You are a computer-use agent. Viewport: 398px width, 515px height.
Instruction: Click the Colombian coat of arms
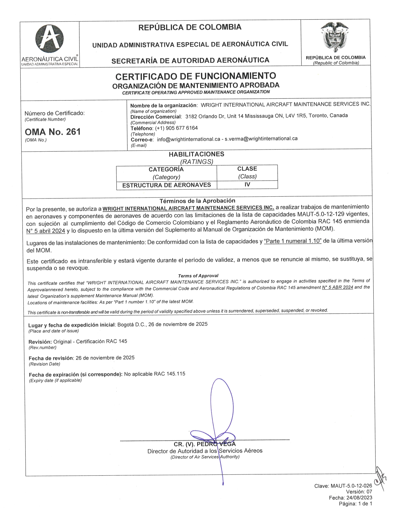click(x=335, y=37)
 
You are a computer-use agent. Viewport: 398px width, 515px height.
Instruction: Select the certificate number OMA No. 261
click(x=52, y=132)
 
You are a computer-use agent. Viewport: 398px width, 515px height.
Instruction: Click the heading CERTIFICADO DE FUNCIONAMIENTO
click(x=196, y=76)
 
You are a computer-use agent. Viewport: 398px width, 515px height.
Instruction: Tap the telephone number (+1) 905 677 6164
click(x=176, y=128)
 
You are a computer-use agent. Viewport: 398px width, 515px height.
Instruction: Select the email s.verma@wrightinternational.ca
click(x=261, y=139)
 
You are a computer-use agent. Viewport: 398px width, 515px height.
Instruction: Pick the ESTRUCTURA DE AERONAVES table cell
click(x=166, y=185)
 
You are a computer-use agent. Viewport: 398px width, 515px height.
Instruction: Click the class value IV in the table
click(x=247, y=184)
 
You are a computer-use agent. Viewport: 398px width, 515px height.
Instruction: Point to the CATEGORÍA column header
click(x=166, y=169)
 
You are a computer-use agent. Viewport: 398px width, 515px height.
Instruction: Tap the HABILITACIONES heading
click(x=196, y=154)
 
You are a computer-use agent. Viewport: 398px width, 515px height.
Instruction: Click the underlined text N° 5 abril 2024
click(x=46, y=231)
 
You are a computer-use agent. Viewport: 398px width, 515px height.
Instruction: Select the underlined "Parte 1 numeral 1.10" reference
click(x=292, y=242)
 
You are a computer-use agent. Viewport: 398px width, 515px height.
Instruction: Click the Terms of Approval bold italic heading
click(x=198, y=276)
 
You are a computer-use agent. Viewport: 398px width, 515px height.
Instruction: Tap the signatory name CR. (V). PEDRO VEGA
click(x=205, y=444)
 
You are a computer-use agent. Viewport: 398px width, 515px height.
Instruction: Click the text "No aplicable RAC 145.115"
click(x=155, y=374)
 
